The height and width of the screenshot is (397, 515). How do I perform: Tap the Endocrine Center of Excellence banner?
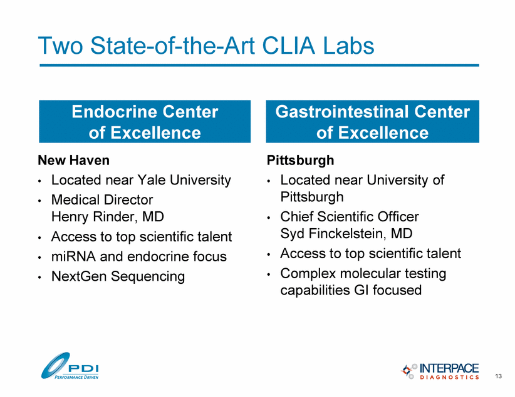click(x=145, y=121)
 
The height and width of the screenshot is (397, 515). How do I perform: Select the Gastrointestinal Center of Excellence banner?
click(x=372, y=121)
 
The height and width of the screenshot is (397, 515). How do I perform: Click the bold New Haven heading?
click(x=73, y=160)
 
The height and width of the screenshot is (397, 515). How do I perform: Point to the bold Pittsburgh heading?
click(x=300, y=160)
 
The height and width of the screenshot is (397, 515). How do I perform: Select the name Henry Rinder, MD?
click(x=108, y=217)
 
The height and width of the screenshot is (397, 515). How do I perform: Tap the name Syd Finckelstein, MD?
click(x=346, y=233)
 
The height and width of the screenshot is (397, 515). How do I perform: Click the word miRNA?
click(x=73, y=256)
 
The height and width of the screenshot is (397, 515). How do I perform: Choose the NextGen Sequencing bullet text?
click(x=118, y=276)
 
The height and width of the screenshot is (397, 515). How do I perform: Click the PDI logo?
click(x=70, y=366)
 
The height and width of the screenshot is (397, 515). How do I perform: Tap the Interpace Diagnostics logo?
click(x=440, y=371)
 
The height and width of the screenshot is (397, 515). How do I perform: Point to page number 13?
click(x=498, y=376)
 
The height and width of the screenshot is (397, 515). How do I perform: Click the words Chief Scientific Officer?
click(x=350, y=217)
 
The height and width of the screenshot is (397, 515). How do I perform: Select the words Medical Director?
click(x=102, y=199)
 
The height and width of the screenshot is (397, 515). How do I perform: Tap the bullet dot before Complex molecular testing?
click(x=269, y=274)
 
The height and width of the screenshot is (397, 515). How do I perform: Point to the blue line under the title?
click(x=259, y=65)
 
